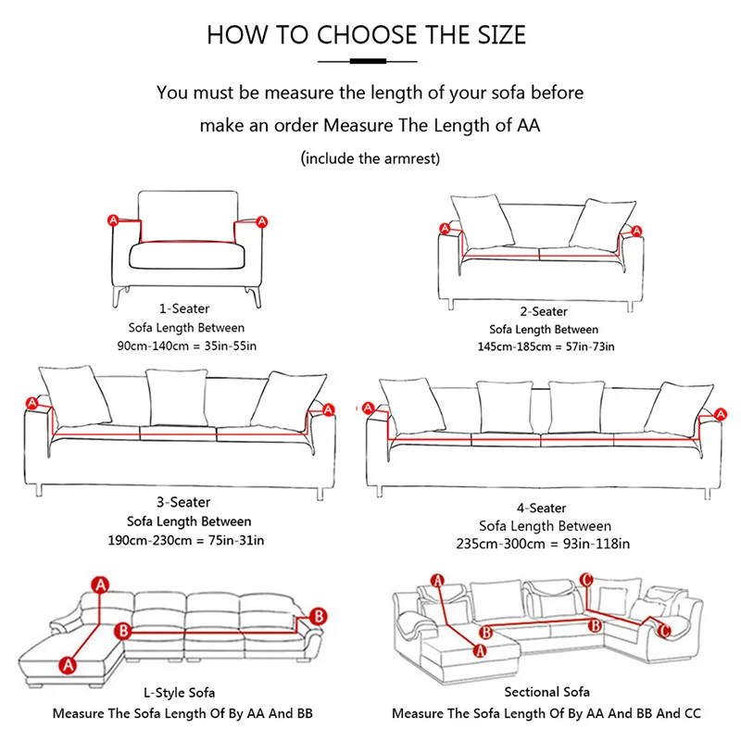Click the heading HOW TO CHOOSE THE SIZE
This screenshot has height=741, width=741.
pos(366,35)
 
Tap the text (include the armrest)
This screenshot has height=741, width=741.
pos(370,158)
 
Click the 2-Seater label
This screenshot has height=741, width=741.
pos(544,311)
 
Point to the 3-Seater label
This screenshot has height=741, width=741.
pos(188,502)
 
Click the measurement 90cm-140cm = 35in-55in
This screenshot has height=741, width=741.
pos(186,346)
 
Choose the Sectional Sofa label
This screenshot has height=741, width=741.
pos(546,692)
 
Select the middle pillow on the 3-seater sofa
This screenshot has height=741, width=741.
pos(177,396)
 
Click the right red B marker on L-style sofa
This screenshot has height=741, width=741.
pos(317,616)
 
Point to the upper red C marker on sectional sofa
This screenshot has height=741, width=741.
pos(585,580)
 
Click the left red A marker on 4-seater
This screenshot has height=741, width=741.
pos(369,408)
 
